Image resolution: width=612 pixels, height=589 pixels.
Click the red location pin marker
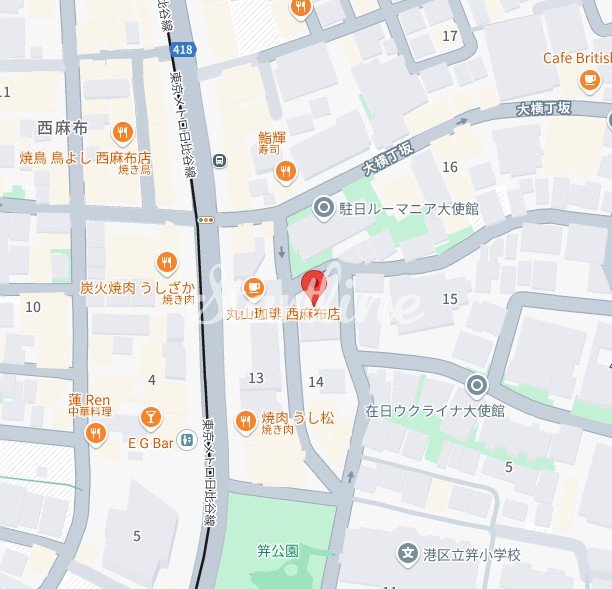click(314, 286)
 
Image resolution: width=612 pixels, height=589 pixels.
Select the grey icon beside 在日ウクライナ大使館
click(477, 384)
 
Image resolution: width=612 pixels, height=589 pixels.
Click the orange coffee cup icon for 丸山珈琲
click(254, 288)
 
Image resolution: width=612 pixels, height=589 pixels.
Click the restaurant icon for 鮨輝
click(286, 171)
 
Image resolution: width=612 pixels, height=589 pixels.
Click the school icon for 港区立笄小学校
click(407, 553)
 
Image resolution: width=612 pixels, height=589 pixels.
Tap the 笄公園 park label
click(278, 551)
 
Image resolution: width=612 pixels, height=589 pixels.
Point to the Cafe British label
click(577, 58)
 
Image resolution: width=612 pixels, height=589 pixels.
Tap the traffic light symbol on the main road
click(206, 219)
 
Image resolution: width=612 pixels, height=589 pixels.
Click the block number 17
click(450, 36)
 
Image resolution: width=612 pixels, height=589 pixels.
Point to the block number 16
click(450, 167)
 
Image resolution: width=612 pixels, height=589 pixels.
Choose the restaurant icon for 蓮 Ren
click(95, 432)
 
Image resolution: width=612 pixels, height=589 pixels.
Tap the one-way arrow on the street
click(281, 251)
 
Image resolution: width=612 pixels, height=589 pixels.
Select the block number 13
click(256, 378)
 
